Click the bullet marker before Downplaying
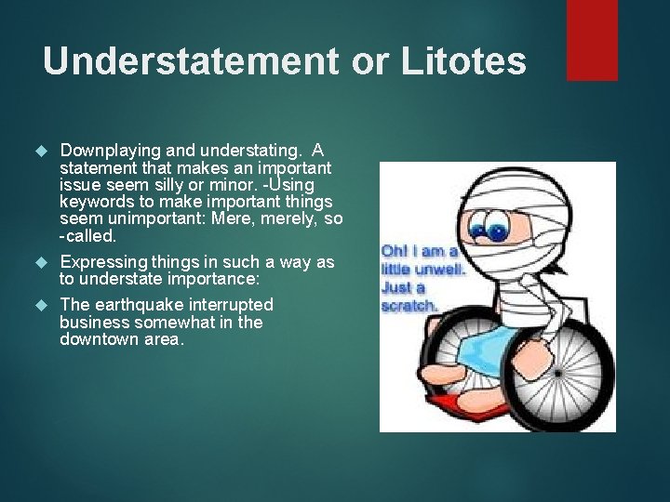click(39, 151)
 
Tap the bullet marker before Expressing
click(39, 263)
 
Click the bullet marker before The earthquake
click(39, 306)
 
